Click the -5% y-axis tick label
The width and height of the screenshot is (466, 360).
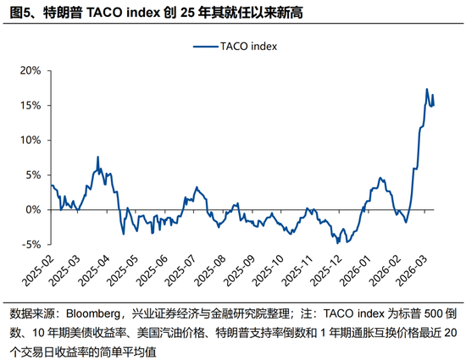tap(30, 244)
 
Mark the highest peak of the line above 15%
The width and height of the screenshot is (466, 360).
tap(427, 90)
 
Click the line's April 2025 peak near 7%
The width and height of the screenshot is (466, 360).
tap(98, 157)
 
